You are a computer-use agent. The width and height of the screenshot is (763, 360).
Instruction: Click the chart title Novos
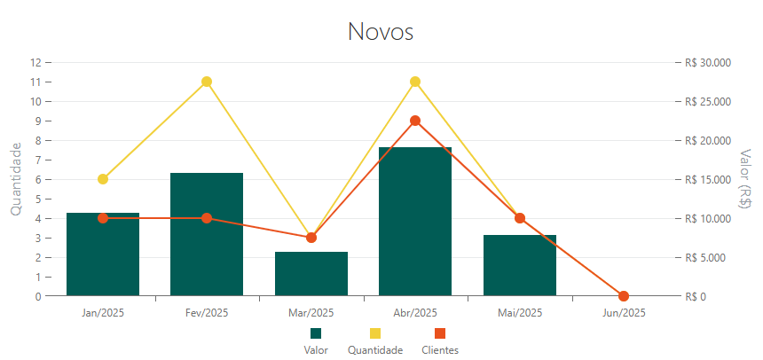381,32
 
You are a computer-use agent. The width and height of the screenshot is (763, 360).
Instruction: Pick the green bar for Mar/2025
311,274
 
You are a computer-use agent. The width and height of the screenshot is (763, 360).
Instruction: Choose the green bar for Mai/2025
520,266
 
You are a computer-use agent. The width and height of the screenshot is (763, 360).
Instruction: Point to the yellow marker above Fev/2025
207,82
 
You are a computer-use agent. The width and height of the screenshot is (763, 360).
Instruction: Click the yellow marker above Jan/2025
103,179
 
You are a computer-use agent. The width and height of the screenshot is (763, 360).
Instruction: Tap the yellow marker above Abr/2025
415,82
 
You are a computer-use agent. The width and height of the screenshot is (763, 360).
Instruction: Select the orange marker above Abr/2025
415,121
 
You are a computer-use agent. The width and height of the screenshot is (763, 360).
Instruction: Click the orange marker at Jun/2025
624,296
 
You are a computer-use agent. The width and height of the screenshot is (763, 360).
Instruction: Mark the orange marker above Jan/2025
103,218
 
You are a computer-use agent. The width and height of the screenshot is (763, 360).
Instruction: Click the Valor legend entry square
316,333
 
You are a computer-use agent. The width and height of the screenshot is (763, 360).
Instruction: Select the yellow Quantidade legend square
375,333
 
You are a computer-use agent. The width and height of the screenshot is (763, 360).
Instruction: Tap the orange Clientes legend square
440,333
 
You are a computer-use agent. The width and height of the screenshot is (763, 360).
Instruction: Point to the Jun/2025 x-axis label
624,313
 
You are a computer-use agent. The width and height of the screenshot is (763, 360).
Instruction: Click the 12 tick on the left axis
36,62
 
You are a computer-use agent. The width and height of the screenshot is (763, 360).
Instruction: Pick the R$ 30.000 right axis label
707,62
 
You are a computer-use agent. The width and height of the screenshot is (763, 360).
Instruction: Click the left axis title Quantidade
15,179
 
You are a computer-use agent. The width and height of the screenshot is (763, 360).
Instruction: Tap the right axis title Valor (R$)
745,179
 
